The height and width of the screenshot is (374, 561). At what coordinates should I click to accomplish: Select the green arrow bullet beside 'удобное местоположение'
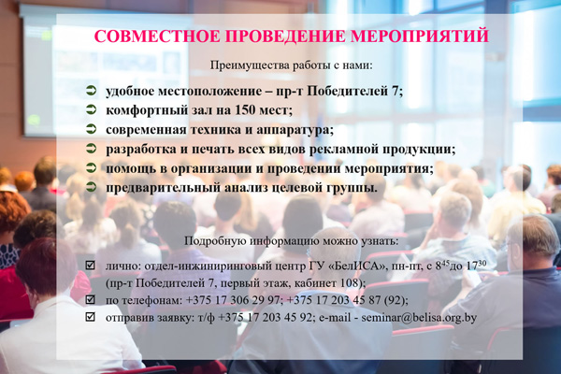click(92, 90)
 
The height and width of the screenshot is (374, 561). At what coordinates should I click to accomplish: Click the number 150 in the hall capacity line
click(245, 110)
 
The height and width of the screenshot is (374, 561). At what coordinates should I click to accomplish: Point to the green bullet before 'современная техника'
click(92, 129)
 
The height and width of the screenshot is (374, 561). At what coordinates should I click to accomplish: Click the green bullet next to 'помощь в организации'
click(92, 167)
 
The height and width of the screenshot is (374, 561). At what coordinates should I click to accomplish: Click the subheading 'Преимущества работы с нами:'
click(291, 65)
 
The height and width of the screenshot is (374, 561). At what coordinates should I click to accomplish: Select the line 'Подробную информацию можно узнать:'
click(291, 241)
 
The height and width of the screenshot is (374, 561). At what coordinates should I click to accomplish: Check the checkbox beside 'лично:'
click(91, 266)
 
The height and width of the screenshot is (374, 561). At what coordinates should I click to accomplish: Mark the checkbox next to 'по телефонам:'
click(91, 299)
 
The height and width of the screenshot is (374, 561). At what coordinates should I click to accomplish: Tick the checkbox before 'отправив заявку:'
click(91, 316)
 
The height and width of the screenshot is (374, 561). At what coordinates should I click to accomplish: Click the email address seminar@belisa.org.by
click(419, 318)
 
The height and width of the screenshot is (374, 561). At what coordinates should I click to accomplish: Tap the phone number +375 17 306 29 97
click(233, 300)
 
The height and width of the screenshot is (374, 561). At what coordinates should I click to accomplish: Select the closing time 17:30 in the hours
click(477, 266)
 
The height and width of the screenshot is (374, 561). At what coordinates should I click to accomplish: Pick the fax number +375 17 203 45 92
click(266, 318)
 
